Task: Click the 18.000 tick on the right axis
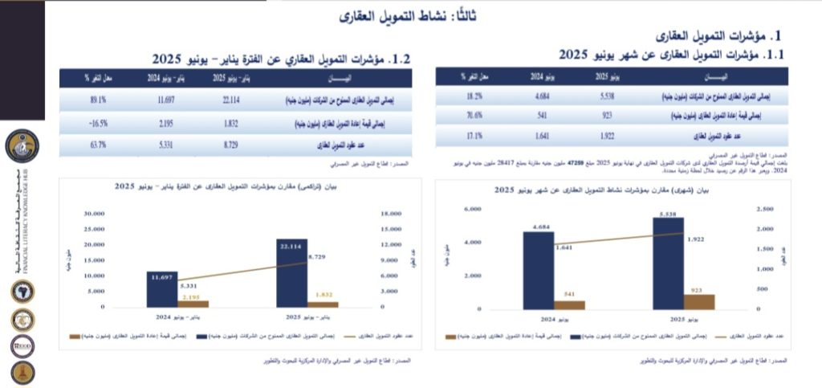tap(390, 214)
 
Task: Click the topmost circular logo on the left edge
tap(22, 147)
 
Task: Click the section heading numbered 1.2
tap(281, 59)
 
